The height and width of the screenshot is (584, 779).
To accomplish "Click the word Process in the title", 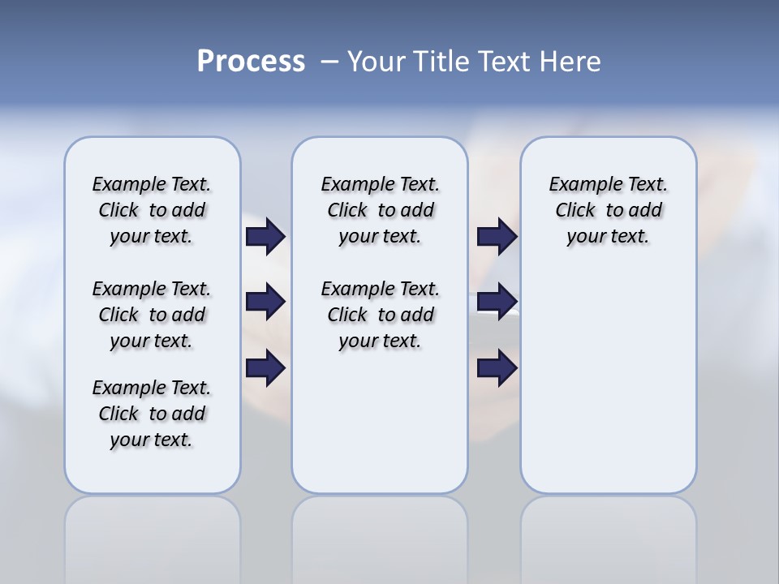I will click(x=251, y=62).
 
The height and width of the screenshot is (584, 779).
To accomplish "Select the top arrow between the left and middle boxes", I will click(x=265, y=236).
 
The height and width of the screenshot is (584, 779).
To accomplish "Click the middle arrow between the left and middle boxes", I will click(x=265, y=302).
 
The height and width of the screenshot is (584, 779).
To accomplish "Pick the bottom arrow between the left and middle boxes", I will click(x=265, y=368).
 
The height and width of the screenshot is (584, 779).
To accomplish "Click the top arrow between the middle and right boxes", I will click(x=497, y=236).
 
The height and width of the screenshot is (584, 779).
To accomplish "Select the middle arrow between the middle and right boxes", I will click(x=497, y=302).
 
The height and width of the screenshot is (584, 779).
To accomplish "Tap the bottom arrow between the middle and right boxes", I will click(x=497, y=368).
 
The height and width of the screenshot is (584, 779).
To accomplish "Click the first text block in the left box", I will click(x=152, y=210).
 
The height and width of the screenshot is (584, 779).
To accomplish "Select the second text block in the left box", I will click(x=152, y=315).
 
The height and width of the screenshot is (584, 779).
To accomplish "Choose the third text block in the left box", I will click(x=152, y=414).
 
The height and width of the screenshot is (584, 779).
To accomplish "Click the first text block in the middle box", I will click(x=380, y=210).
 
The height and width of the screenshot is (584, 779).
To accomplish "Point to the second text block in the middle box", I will click(x=380, y=315).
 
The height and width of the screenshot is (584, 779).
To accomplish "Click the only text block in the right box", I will click(x=608, y=210).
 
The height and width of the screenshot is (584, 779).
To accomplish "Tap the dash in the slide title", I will click(x=329, y=62).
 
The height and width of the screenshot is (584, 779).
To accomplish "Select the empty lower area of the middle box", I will click(x=380, y=422).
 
